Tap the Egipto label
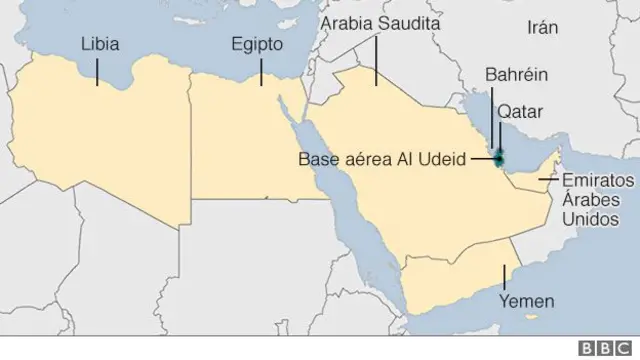pos(258,45)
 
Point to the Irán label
pos(542,28)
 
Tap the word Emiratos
pos(599,182)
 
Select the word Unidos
pos(589,218)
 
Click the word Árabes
pos(590,200)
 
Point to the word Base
pos(317,157)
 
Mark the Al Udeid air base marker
pos(499,157)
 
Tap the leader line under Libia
pos(97,70)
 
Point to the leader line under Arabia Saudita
pos(376,62)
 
